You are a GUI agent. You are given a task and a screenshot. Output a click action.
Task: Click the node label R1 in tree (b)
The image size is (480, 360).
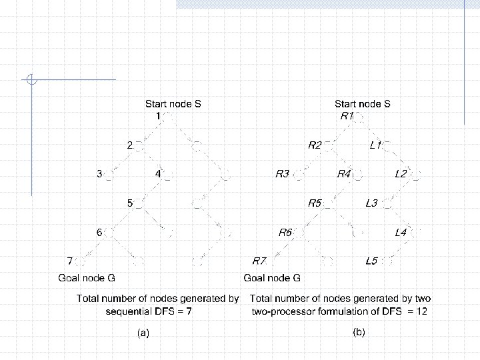347,116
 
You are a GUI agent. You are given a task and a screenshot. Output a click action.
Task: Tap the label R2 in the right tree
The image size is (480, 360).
315,145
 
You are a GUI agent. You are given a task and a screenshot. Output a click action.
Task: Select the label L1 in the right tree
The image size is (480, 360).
375,145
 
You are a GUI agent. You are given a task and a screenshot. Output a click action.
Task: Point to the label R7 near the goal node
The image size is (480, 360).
259,261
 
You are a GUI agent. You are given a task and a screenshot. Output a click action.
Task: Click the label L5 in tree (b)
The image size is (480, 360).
371,261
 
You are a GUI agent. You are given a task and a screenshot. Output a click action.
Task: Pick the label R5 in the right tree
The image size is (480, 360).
315,203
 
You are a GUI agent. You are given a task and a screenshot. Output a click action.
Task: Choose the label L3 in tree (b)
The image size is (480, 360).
371,203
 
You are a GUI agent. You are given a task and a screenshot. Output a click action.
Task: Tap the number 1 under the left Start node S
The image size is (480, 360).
158,116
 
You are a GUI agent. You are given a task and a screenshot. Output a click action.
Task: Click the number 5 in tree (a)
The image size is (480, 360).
131,203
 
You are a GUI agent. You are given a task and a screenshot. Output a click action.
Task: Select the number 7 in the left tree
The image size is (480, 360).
69,260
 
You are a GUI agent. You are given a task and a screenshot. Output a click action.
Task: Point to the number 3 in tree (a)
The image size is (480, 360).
99,174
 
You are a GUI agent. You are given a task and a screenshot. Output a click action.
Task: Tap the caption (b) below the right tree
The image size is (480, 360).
359,331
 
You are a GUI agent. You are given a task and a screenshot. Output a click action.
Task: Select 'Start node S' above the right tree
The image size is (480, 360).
362,104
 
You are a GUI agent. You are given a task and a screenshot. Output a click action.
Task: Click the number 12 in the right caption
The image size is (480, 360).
421,311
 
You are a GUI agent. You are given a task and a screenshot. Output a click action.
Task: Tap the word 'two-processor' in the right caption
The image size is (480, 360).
281,311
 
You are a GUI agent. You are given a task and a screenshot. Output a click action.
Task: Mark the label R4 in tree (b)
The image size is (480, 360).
345,174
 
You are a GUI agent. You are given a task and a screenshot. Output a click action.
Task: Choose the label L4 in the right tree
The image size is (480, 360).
401,232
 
